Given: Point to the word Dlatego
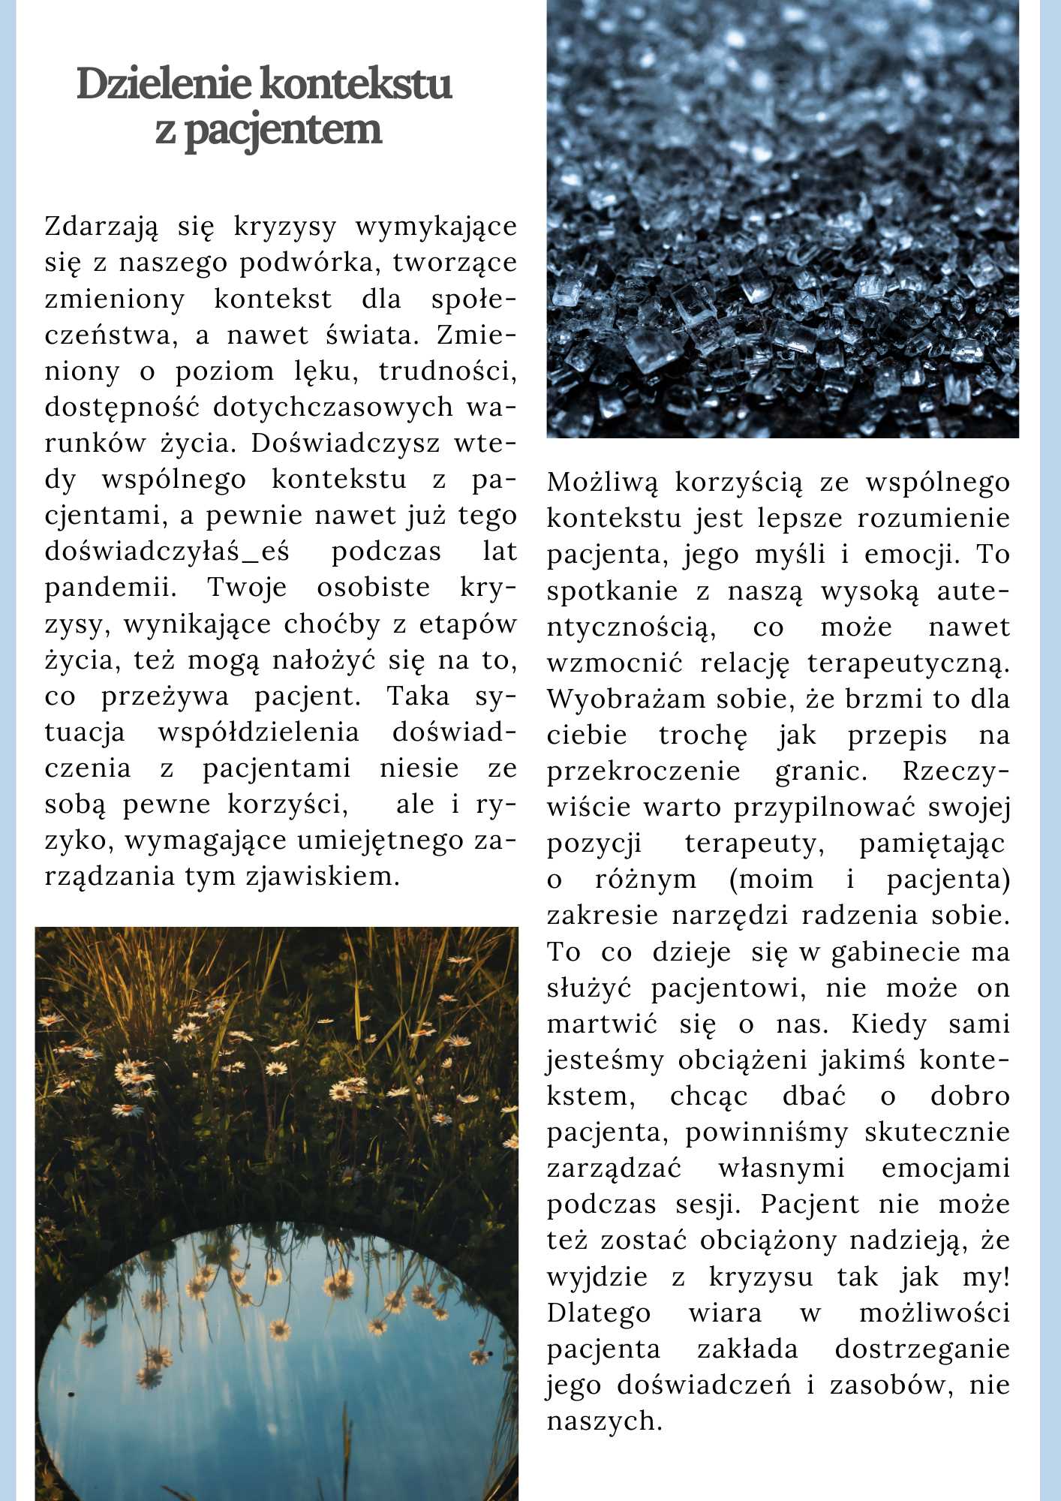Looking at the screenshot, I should (599, 1313).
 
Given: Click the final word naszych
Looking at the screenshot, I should (604, 1421).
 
